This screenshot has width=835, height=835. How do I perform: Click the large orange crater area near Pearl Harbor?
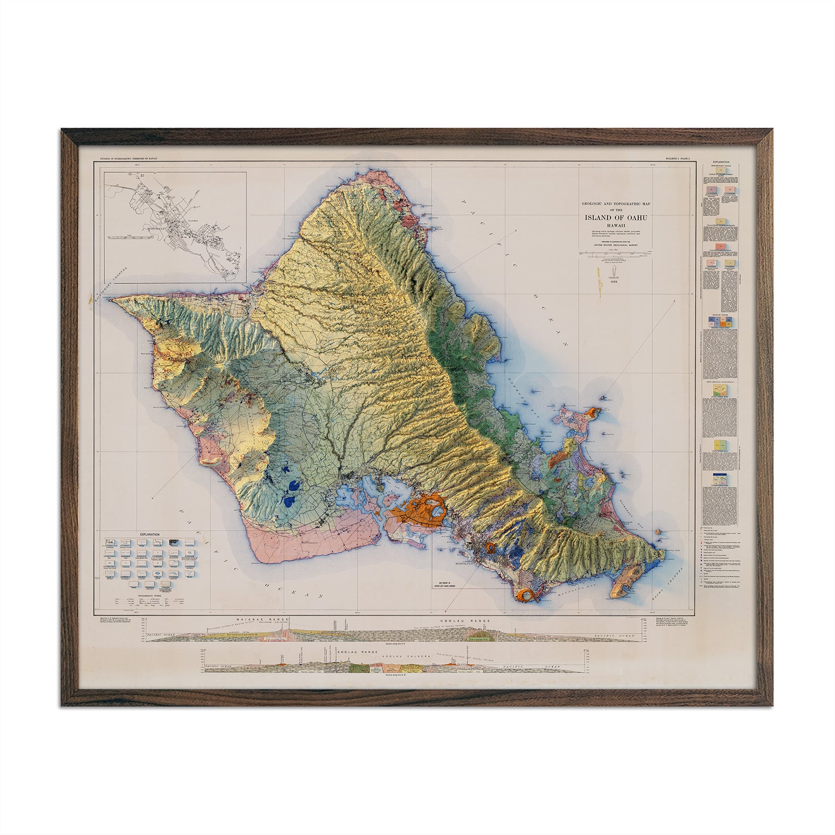[424, 508]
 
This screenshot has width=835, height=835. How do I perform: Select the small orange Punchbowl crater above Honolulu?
[491, 547]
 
